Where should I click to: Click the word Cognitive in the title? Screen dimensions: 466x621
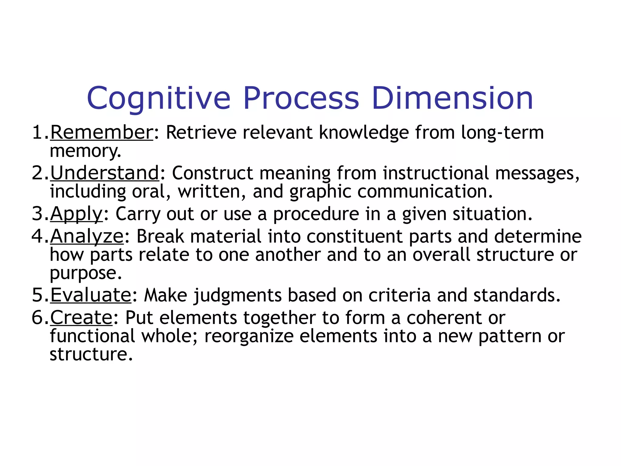click(159, 99)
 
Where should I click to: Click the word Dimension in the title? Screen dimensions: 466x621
click(452, 98)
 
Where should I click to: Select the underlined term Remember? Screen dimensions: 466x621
click(102, 133)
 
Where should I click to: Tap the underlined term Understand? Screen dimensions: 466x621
click(105, 173)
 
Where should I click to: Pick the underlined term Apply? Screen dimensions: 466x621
click(76, 214)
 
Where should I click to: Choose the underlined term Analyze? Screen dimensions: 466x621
click(87, 236)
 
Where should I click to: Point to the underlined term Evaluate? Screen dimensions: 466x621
click(90, 295)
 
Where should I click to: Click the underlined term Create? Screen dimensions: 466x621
click(81, 318)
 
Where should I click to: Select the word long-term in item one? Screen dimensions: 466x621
click(502, 133)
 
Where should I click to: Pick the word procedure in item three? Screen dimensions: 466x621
click(316, 214)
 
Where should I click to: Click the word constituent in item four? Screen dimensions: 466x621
click(354, 236)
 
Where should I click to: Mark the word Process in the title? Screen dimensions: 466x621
click(301, 98)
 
